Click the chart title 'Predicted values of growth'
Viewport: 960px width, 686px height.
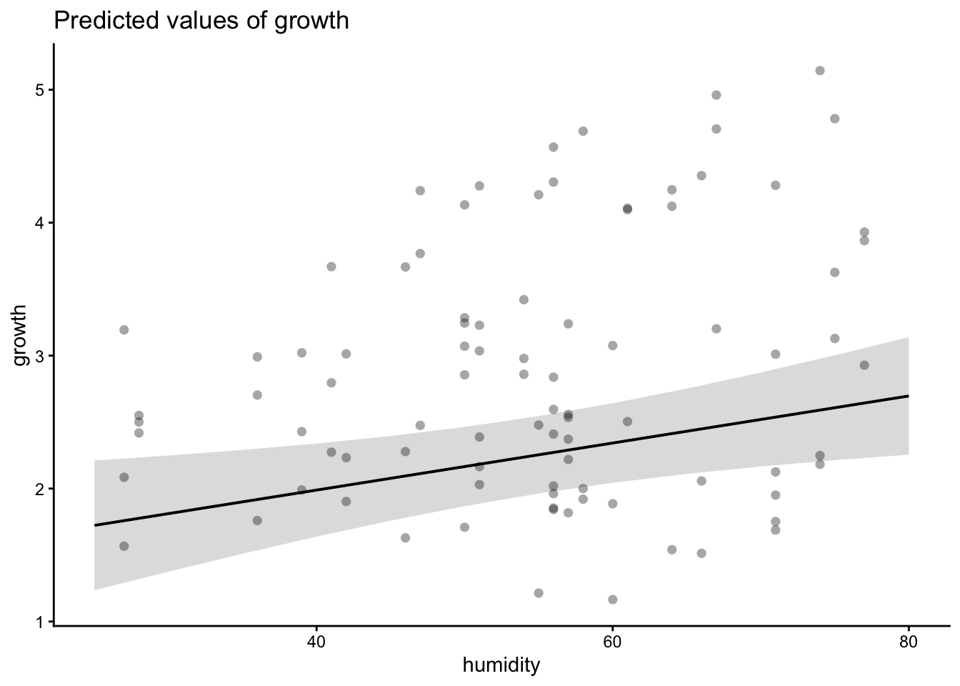click(201, 21)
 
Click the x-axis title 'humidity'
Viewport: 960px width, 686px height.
click(501, 666)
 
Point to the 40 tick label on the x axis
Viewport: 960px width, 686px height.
click(316, 640)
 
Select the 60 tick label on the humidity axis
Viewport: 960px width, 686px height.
click(612, 640)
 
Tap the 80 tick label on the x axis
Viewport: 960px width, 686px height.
click(909, 640)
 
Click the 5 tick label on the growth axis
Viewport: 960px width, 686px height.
click(41, 90)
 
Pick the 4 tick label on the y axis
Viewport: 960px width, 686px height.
click(41, 223)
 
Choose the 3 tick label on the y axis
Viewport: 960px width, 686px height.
click(41, 356)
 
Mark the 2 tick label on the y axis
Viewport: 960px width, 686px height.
click(41, 489)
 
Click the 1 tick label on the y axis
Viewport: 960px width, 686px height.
click(41, 622)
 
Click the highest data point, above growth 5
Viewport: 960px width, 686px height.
click(820, 71)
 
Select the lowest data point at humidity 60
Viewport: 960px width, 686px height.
click(612, 600)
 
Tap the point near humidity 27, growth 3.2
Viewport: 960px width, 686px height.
click(124, 330)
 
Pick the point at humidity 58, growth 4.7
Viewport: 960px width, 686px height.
click(583, 131)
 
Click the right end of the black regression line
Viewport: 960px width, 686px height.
click(908, 396)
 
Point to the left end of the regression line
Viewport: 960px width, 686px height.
click(95, 525)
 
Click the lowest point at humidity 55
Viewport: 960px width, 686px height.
click(539, 593)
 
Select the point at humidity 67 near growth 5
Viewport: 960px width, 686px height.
click(716, 95)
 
